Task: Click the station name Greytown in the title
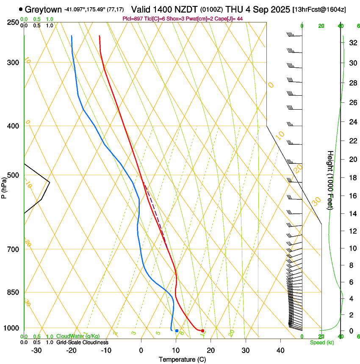(x=43, y=9)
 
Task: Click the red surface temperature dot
(x=203, y=331)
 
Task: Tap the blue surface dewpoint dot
(x=177, y=331)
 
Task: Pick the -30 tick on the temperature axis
(x=36, y=350)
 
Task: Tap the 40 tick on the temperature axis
(x=280, y=350)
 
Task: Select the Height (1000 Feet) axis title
(x=330, y=180)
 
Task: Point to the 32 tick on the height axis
(x=352, y=43)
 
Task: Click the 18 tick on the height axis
(x=352, y=178)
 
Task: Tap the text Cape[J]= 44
(x=230, y=19)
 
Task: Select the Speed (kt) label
(x=322, y=342)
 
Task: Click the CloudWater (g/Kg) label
(x=78, y=336)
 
